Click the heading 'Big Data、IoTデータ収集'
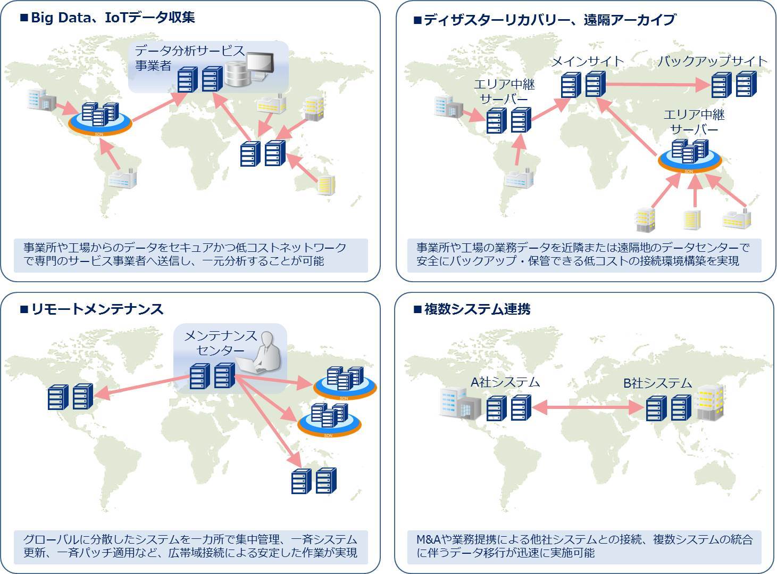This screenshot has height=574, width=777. (113, 18)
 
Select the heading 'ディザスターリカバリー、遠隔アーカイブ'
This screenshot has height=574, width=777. (550, 20)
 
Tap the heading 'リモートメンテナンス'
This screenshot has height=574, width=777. (97, 309)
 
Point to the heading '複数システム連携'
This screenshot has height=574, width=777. (477, 309)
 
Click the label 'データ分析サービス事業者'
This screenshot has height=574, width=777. (189, 58)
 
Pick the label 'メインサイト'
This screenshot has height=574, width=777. (588, 61)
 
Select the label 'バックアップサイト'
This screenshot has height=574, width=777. (712, 61)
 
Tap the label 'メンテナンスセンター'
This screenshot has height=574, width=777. (221, 343)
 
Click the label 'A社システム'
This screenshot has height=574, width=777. (505, 382)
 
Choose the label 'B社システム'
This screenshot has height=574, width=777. (657, 383)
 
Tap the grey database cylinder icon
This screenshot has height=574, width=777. (238, 75)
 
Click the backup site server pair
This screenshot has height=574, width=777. (734, 84)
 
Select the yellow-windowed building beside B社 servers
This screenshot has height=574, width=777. (711, 403)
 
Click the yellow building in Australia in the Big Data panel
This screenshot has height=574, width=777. (326, 185)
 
